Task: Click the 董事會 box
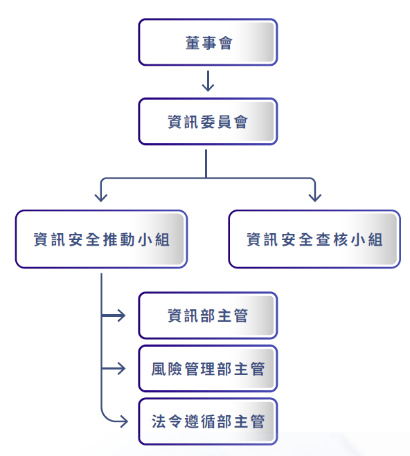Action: pyautogui.click(x=208, y=42)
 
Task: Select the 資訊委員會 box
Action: pyautogui.click(x=208, y=122)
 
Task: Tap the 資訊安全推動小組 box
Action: pyautogui.click(x=101, y=239)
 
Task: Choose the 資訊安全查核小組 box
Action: pyautogui.click(x=314, y=239)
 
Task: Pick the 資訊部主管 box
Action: pyautogui.click(x=208, y=316)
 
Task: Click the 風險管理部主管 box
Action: pyautogui.click(x=208, y=368)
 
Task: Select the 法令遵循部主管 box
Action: pyautogui.click(x=208, y=421)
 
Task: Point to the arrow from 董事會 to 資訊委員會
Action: pyautogui.click(x=208, y=81)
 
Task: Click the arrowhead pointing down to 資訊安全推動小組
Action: pyautogui.click(x=101, y=198)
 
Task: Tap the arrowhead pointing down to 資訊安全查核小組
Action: pyautogui.click(x=315, y=198)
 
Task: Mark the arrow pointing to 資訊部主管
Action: pyautogui.click(x=114, y=316)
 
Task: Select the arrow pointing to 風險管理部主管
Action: pyautogui.click(x=114, y=368)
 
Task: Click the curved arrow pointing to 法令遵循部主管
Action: pyautogui.click(x=105, y=417)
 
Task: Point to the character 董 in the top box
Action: pyautogui.click(x=192, y=43)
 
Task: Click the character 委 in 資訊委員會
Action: pyautogui.click(x=208, y=122)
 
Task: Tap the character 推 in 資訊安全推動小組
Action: pyautogui.click(x=110, y=239)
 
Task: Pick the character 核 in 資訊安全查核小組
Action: pyautogui.click(x=341, y=239)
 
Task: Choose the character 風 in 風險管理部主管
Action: pyautogui.click(x=159, y=369)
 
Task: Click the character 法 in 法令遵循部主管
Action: pyautogui.click(x=159, y=421)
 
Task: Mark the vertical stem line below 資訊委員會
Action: pyautogui.click(x=206, y=163)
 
